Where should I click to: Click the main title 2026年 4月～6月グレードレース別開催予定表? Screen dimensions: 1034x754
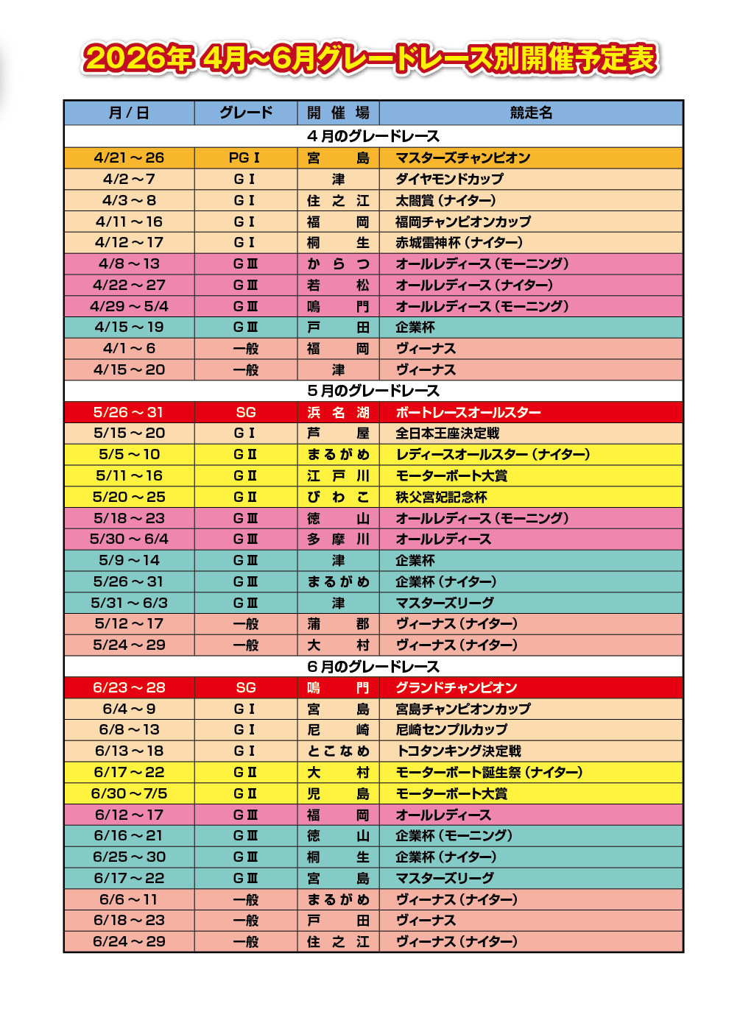(x=370, y=59)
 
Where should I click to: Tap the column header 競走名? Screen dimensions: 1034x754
(x=531, y=113)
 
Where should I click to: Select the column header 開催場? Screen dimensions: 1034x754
(x=338, y=113)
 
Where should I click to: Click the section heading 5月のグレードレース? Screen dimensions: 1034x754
(x=373, y=391)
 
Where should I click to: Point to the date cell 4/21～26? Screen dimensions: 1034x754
(x=129, y=157)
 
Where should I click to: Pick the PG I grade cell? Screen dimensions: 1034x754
(x=244, y=157)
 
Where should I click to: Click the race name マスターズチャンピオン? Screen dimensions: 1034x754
(x=462, y=157)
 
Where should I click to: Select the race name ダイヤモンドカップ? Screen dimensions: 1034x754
(x=449, y=179)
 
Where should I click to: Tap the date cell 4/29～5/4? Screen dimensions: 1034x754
(x=129, y=306)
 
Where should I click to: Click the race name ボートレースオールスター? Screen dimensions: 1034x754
(x=468, y=412)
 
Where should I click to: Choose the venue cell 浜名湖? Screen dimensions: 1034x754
(x=338, y=412)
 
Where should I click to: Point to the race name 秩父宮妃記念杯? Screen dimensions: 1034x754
(x=441, y=497)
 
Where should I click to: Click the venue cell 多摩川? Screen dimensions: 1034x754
(x=338, y=539)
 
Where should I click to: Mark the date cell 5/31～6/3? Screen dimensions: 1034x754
(x=129, y=603)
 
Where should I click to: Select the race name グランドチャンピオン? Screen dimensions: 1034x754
(x=457, y=687)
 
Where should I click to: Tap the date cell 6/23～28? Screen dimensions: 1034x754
(x=129, y=687)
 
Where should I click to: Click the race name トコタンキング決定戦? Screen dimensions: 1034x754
(x=458, y=751)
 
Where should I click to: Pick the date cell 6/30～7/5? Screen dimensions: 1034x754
(x=129, y=793)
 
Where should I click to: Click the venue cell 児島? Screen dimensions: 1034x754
(x=338, y=793)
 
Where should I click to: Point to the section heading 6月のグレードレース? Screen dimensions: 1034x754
(x=373, y=667)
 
